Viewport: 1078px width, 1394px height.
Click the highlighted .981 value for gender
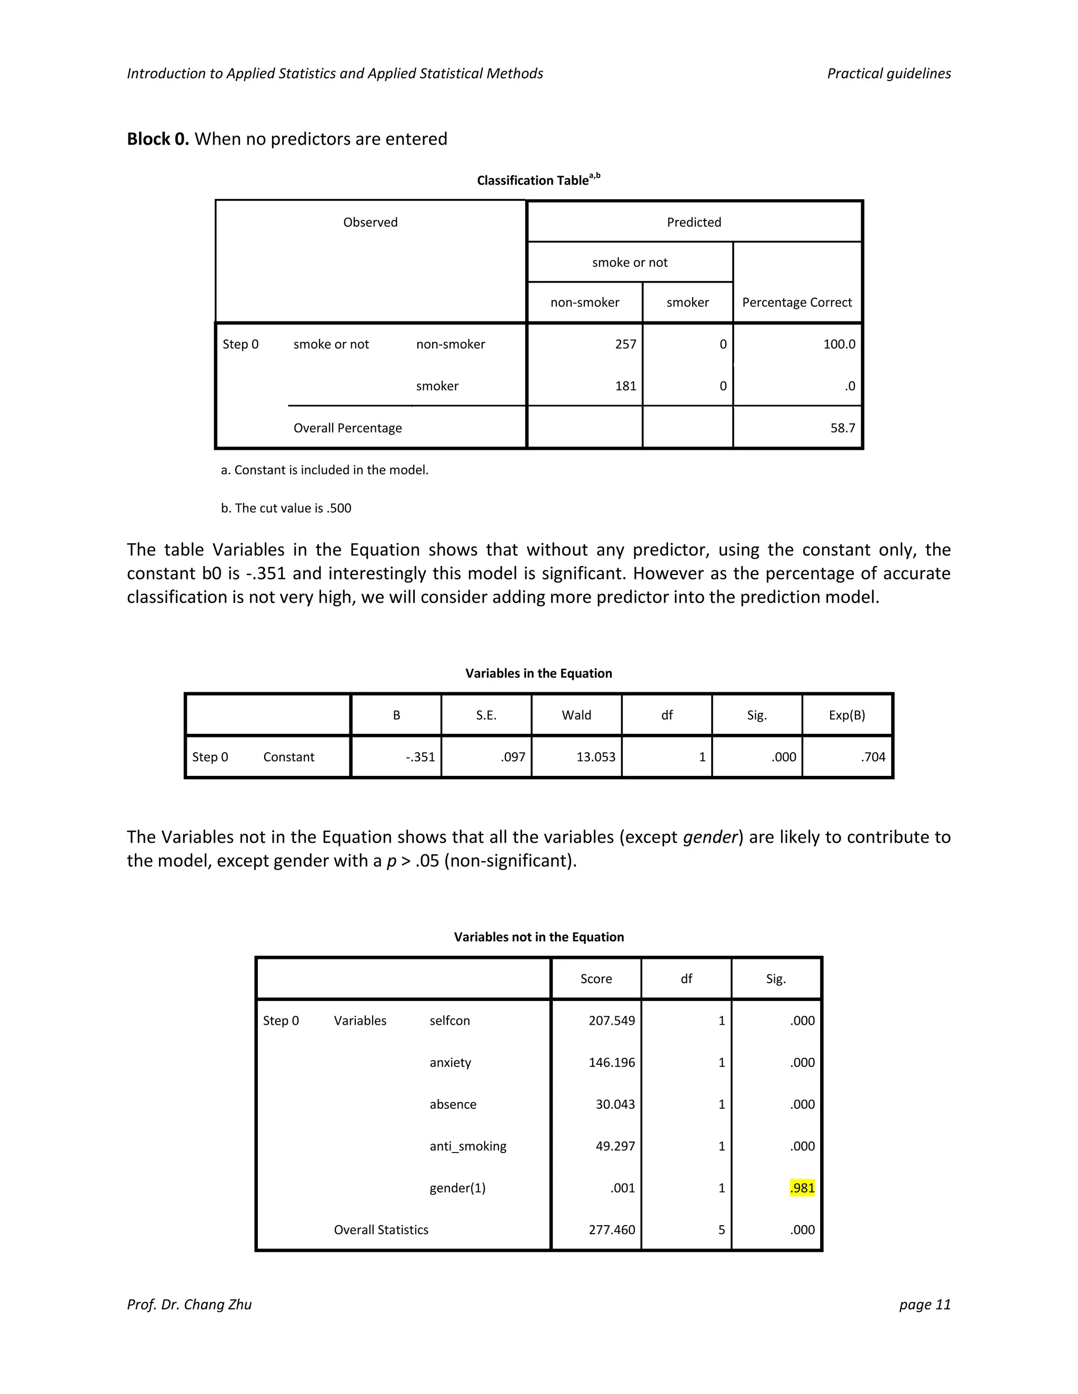pyautogui.click(x=802, y=1188)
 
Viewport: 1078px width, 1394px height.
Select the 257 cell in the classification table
pyautogui.click(x=625, y=344)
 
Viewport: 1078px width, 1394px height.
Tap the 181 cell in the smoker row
pyautogui.click(x=625, y=386)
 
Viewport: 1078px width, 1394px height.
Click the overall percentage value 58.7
pyautogui.click(x=842, y=428)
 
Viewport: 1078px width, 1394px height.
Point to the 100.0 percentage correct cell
pyautogui.click(x=839, y=344)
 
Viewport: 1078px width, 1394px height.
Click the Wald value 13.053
pyautogui.click(x=595, y=757)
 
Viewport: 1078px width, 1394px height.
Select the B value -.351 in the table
pyautogui.click(x=420, y=757)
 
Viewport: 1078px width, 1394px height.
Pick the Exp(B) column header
pyautogui.click(x=847, y=715)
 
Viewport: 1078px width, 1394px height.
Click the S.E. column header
pyautogui.click(x=486, y=715)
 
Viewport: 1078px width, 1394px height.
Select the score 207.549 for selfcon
pyautogui.click(x=611, y=1021)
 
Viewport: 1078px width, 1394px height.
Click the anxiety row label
pyautogui.click(x=450, y=1062)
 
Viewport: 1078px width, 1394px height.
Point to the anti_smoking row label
pyautogui.click(x=467, y=1146)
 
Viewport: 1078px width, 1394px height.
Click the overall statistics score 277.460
pyautogui.click(x=611, y=1230)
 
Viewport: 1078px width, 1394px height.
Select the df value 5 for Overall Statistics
pyautogui.click(x=721, y=1230)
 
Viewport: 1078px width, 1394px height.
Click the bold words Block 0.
pyautogui.click(x=158, y=139)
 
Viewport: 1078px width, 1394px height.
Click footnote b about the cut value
pyautogui.click(x=286, y=508)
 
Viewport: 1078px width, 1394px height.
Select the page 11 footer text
pyautogui.click(x=924, y=1305)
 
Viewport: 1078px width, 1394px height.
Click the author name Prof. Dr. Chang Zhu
pyautogui.click(x=189, y=1305)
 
